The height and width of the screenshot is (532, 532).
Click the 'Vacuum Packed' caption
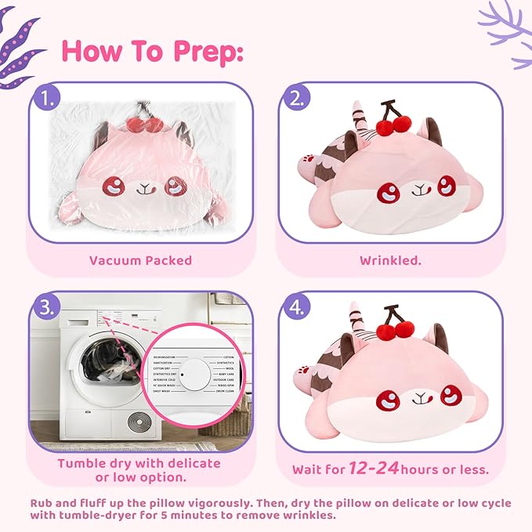(140, 260)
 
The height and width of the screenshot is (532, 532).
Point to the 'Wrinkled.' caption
(390, 260)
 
